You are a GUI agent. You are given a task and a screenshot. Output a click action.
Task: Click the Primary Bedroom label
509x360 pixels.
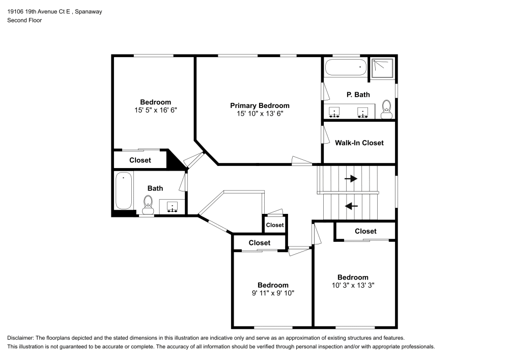260,105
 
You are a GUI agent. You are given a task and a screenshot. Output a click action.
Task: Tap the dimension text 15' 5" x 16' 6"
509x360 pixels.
156,110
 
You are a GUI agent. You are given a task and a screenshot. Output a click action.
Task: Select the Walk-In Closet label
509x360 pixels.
359,143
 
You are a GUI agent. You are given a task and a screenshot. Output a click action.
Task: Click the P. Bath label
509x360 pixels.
358,95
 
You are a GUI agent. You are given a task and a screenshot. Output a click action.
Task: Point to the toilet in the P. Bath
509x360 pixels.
386,109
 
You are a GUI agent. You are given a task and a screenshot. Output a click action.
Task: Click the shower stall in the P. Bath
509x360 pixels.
382,68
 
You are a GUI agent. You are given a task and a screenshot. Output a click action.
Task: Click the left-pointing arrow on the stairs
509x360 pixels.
351,206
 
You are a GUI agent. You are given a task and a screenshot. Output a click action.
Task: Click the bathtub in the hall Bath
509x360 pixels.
123,190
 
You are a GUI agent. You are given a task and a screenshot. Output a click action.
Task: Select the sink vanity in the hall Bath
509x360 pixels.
173,207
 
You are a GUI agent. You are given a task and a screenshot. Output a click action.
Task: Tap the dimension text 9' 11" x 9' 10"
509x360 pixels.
273,293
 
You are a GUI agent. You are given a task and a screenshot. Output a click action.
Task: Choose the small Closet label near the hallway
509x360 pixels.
275,225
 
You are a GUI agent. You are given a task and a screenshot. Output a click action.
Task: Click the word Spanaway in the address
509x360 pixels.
88,12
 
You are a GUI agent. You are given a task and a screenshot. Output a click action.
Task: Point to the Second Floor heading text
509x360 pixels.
24,20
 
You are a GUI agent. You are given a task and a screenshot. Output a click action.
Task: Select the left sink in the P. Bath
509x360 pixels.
335,111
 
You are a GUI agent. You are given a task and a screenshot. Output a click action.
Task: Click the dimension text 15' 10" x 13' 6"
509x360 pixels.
260,114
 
